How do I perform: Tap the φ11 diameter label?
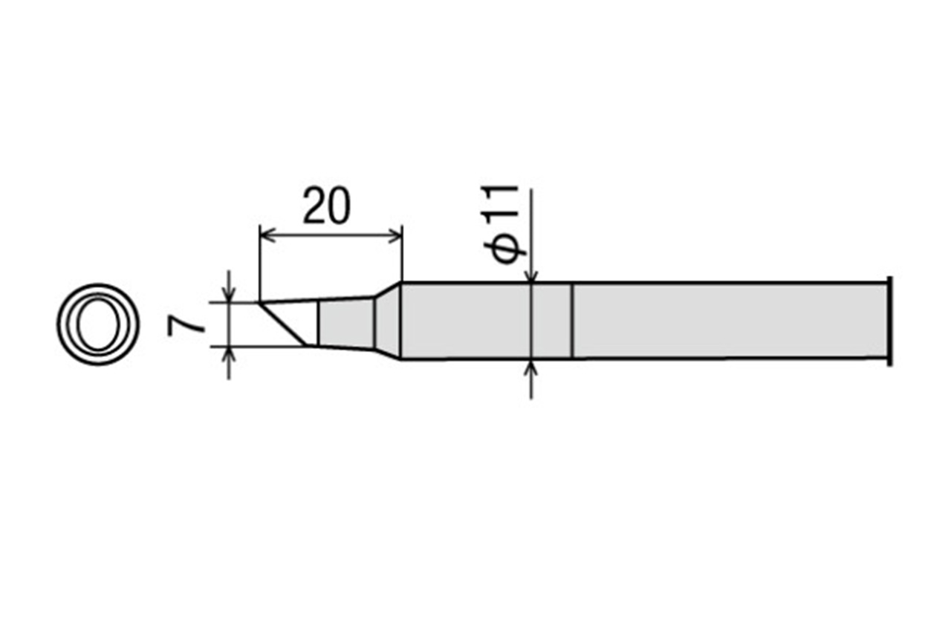(505, 223)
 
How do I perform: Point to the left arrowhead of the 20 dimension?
(264, 237)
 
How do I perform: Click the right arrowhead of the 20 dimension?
(397, 237)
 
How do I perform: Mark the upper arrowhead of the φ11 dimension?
(531, 277)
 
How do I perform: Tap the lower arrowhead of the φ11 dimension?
(531, 365)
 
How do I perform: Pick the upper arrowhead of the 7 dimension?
(229, 296)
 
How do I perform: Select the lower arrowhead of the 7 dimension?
(229, 353)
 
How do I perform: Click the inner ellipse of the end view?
(97, 324)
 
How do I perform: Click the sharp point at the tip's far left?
(261, 303)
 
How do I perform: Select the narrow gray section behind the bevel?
(345, 323)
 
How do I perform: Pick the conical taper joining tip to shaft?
(387, 321)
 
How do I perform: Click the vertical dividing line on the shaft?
(572, 321)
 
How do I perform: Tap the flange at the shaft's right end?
(889, 321)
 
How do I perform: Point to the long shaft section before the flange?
(728, 321)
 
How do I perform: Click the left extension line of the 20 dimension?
(259, 260)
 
